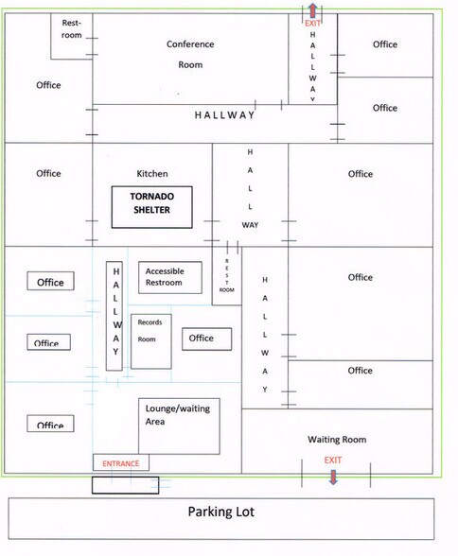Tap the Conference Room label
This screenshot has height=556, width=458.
pos(190,54)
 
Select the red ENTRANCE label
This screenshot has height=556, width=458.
pos(120,463)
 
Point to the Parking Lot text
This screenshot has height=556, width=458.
pos(221,512)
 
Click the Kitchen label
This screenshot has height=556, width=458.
pos(152,173)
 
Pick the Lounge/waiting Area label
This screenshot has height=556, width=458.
pos(177,414)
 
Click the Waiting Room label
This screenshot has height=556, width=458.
pos(337,440)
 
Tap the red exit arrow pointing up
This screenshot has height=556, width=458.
pos(312,9)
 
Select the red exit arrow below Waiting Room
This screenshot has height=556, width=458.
pos(333,477)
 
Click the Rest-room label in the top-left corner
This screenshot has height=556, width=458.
pos(72,28)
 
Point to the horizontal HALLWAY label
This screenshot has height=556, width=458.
pos(224,115)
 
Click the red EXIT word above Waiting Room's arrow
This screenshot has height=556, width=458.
pos(333,460)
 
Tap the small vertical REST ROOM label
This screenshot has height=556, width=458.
pos(227,275)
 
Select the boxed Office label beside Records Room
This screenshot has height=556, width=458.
pos(207,339)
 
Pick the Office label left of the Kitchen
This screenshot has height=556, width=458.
pos(48,173)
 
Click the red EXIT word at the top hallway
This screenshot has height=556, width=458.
pos(312,23)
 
